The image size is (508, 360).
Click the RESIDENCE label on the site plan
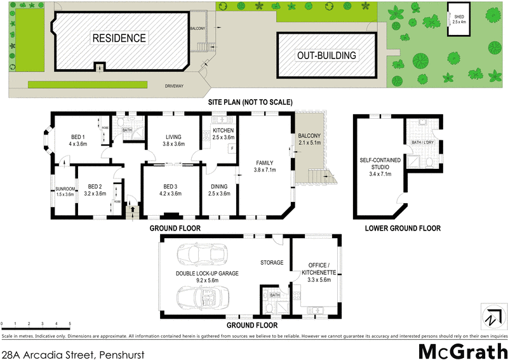(119, 37)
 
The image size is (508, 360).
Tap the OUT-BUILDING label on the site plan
(326, 55)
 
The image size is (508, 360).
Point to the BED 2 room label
(95, 189)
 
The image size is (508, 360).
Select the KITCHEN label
(224, 133)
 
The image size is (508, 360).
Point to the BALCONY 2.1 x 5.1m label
(311, 139)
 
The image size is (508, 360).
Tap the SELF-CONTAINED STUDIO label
(375, 166)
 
